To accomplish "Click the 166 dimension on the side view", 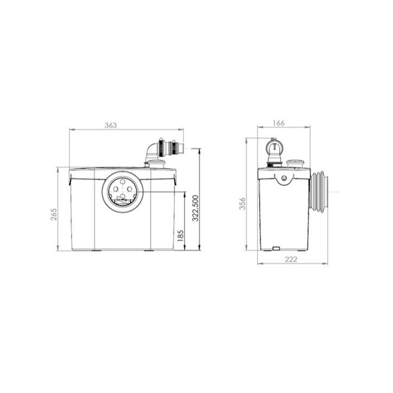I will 279,123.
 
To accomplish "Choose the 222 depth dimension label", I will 290,259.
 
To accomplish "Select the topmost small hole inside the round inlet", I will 122,181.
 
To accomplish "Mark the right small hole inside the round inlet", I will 129,189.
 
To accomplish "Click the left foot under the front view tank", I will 97,251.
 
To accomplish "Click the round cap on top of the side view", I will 296,162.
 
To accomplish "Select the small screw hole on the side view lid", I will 284,178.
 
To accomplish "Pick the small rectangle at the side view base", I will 276,249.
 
